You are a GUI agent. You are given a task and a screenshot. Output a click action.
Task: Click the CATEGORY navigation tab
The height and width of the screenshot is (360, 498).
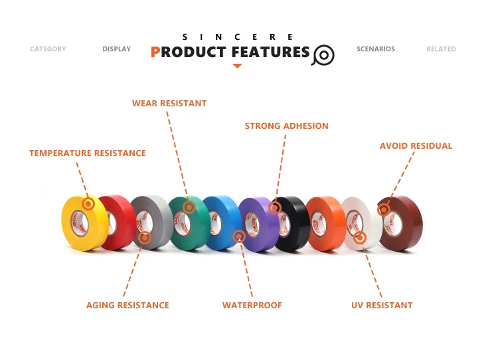pos(48,49)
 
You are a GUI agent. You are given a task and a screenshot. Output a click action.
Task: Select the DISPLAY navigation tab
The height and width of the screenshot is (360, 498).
pos(116,49)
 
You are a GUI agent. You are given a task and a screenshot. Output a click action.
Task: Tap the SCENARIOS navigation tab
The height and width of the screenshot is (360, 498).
pos(375,49)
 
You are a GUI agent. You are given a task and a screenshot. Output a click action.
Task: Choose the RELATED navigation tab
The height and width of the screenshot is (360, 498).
pos(441,49)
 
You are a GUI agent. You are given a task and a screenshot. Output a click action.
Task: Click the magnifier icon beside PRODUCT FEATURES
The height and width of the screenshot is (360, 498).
pos(323,54)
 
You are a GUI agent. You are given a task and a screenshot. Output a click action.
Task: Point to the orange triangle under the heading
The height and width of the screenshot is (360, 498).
pos(237,66)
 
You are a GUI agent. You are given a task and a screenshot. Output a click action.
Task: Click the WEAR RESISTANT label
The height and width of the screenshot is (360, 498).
pos(169,104)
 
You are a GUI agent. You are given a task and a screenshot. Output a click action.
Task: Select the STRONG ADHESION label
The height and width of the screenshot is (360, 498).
pos(286,126)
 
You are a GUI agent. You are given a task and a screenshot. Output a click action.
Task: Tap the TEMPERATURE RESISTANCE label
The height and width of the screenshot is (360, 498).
pos(88,153)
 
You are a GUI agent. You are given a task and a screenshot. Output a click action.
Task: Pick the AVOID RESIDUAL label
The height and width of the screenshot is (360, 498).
pos(416,146)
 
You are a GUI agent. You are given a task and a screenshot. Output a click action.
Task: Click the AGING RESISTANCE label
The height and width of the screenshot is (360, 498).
pos(127,306)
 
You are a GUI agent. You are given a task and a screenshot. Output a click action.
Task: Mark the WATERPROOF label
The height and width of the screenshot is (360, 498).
pos(252,306)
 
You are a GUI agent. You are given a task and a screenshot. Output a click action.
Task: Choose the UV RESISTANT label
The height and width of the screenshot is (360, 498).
pos(382,306)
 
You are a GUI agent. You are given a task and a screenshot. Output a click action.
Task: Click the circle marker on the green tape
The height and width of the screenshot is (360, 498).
pos(189,207)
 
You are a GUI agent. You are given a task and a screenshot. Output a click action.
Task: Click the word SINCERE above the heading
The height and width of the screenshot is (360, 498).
pos(237,37)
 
